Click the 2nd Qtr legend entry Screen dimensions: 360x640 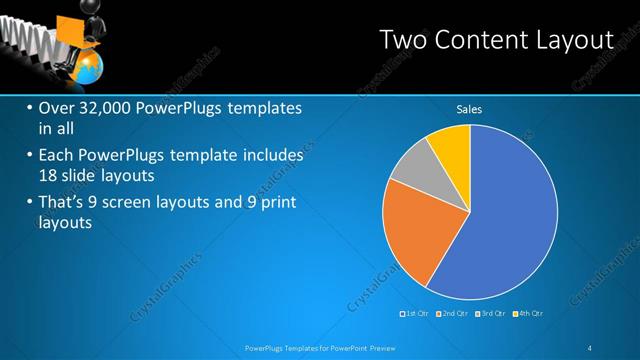click(454, 314)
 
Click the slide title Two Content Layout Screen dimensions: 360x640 click(496, 39)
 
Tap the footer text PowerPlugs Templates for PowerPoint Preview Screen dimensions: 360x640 click(321, 347)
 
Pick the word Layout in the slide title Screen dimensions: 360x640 click(573, 39)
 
